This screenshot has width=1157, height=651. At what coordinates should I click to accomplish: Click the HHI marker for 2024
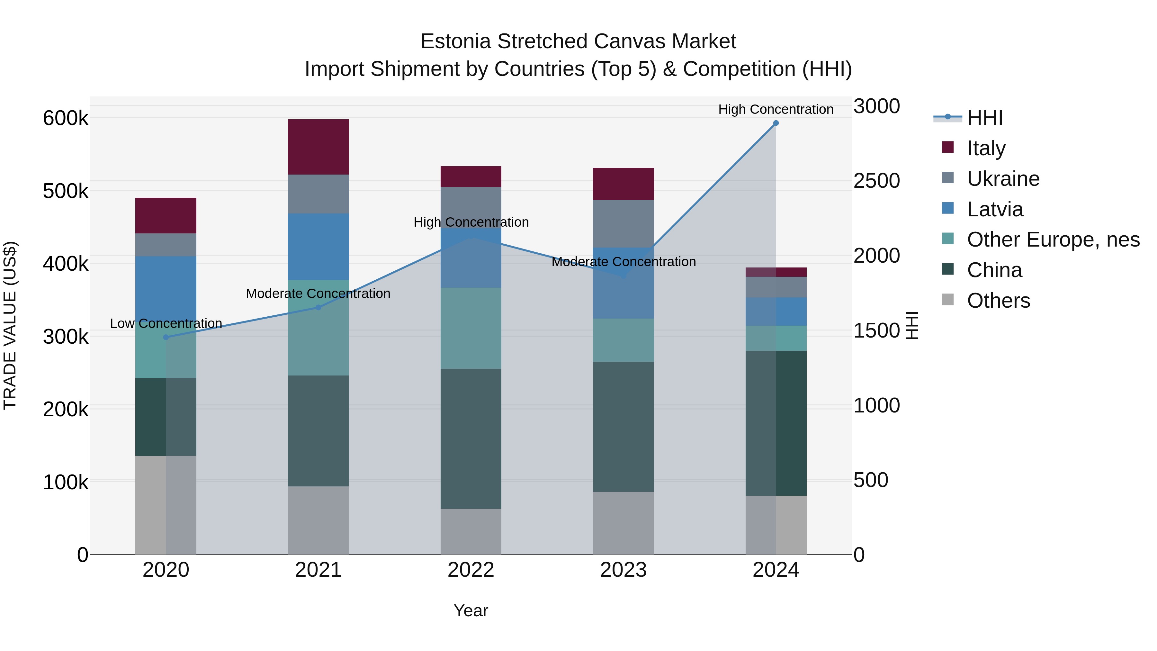(776, 123)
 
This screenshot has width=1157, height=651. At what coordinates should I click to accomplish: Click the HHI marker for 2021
(318, 308)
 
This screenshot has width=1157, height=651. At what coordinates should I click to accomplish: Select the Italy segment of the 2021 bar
(318, 147)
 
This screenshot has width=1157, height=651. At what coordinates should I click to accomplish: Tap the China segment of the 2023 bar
(623, 427)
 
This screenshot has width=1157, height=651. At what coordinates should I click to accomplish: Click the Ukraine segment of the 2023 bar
(623, 223)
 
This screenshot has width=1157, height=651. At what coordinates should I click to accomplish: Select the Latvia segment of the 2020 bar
(166, 287)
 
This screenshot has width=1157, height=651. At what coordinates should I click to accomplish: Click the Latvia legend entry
(995, 209)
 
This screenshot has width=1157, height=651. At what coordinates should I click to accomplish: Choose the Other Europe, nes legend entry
(1053, 240)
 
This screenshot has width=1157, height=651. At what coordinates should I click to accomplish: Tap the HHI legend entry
(984, 118)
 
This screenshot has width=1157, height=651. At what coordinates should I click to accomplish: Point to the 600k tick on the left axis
(66, 119)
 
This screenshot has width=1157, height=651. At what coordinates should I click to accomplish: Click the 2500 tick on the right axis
(876, 181)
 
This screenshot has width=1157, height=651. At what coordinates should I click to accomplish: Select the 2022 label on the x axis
(471, 570)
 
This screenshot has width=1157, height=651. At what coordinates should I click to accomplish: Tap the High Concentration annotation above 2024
(776, 109)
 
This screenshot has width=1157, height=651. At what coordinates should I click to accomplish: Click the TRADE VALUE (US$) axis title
(10, 326)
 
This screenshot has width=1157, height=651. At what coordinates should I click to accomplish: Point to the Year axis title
(471, 610)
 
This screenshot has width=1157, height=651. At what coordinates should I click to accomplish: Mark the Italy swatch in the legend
(948, 147)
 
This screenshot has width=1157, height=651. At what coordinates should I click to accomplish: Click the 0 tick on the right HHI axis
(859, 555)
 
